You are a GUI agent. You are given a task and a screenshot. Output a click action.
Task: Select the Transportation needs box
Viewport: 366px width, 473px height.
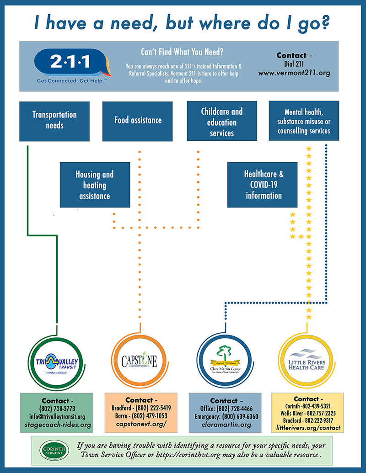coord(54,120)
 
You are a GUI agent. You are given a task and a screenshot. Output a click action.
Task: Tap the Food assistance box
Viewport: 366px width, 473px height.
coord(138,121)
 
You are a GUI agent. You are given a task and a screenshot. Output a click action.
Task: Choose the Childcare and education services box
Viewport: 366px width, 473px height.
coord(222,122)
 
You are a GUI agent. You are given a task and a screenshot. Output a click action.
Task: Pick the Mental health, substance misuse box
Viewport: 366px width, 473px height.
coord(304,121)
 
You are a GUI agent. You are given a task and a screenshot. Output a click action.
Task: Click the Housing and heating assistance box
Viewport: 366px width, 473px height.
coord(95,185)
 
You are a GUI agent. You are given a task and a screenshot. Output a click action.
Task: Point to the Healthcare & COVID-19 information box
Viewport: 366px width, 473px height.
coord(263,185)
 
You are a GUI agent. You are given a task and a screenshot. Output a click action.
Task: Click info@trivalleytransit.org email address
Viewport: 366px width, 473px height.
coord(57,417)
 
